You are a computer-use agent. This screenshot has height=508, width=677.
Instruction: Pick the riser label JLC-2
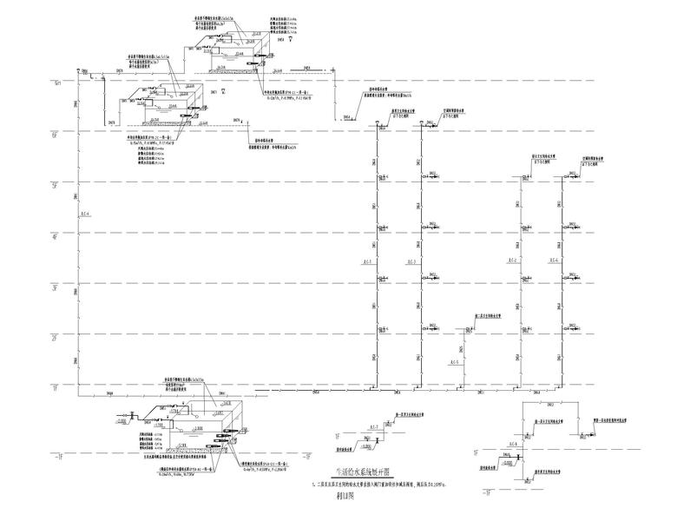point(511,262)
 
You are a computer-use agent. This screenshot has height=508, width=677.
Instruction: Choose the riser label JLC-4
point(85,214)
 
